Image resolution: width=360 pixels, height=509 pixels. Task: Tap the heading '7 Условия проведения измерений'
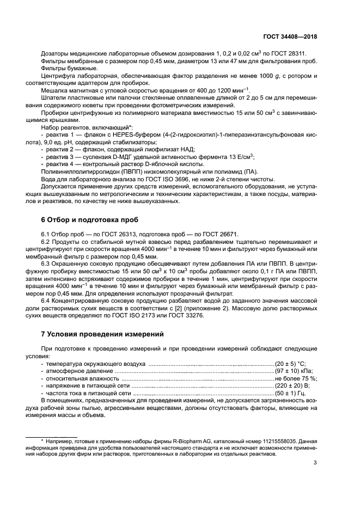(99, 334)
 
